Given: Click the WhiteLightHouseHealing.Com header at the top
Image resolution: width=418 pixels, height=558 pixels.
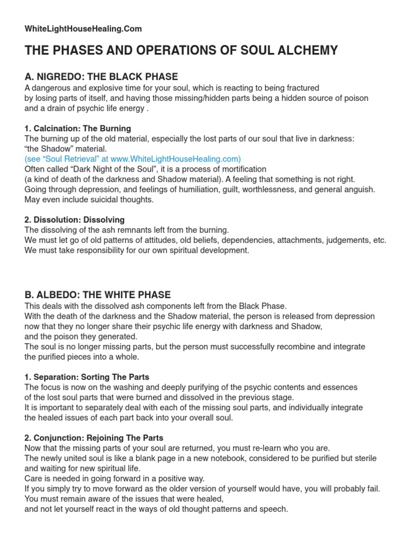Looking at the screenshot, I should tap(83, 28).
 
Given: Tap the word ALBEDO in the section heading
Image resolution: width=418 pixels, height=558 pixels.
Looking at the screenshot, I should tap(52, 295).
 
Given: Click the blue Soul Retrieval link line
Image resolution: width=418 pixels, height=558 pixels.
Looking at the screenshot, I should tap(133, 159).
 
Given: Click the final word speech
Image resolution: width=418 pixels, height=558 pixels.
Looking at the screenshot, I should tap(274, 509).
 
